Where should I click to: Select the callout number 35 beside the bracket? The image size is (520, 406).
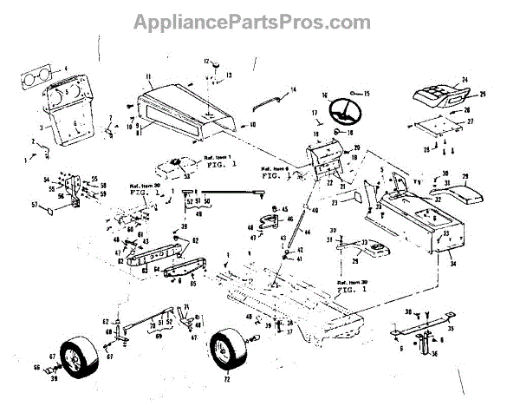[449, 330]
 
